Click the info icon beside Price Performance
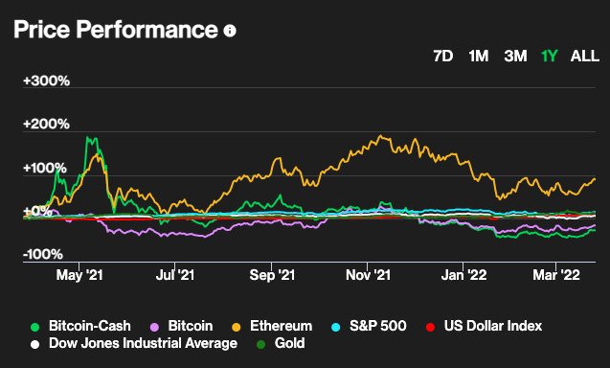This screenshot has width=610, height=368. coord(230,31)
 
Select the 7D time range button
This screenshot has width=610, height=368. coord(443,57)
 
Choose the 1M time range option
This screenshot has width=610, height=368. coord(479,57)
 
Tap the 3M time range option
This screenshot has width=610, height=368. coord(515,57)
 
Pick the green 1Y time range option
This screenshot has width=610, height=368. coord(550,57)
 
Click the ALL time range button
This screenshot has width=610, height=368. coord(585,57)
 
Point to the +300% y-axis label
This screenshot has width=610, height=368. coord(46,80)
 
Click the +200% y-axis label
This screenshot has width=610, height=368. coord(46,124)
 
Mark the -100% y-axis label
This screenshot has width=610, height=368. coord(43,254)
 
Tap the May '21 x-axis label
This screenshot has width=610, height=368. coord(79,275)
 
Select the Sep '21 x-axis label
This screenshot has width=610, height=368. coord(272,275)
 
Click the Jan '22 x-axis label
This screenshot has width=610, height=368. coord(463,275)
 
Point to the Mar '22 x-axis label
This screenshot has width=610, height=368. coord(556,275)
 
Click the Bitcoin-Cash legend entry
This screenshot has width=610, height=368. coord(80,326)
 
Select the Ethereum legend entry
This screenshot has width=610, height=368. coord(272,326)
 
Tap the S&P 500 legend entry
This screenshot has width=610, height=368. coord(369,326)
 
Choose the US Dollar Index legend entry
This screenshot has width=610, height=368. coord(484,326)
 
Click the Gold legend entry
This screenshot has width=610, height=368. coord(281,343)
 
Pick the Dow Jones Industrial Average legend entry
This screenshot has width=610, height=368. coord(134,343)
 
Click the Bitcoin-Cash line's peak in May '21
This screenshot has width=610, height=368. coord(88,137)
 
